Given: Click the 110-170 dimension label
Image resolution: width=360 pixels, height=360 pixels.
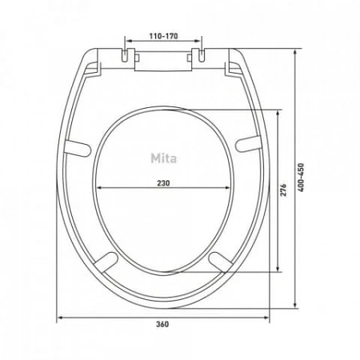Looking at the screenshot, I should pos(162,37).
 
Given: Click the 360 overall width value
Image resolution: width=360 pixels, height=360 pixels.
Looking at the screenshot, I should pos(163,325).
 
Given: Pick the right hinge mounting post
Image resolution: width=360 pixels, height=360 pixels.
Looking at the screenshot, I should pos(200,54).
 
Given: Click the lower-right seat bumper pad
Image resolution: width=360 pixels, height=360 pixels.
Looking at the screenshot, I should pos(220,259).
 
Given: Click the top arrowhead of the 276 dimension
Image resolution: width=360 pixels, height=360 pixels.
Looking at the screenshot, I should pos(278,113).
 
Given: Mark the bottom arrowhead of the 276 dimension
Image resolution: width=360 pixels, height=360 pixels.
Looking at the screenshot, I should pos(278,270).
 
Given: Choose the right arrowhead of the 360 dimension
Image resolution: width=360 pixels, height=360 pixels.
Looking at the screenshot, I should pos(267,317).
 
